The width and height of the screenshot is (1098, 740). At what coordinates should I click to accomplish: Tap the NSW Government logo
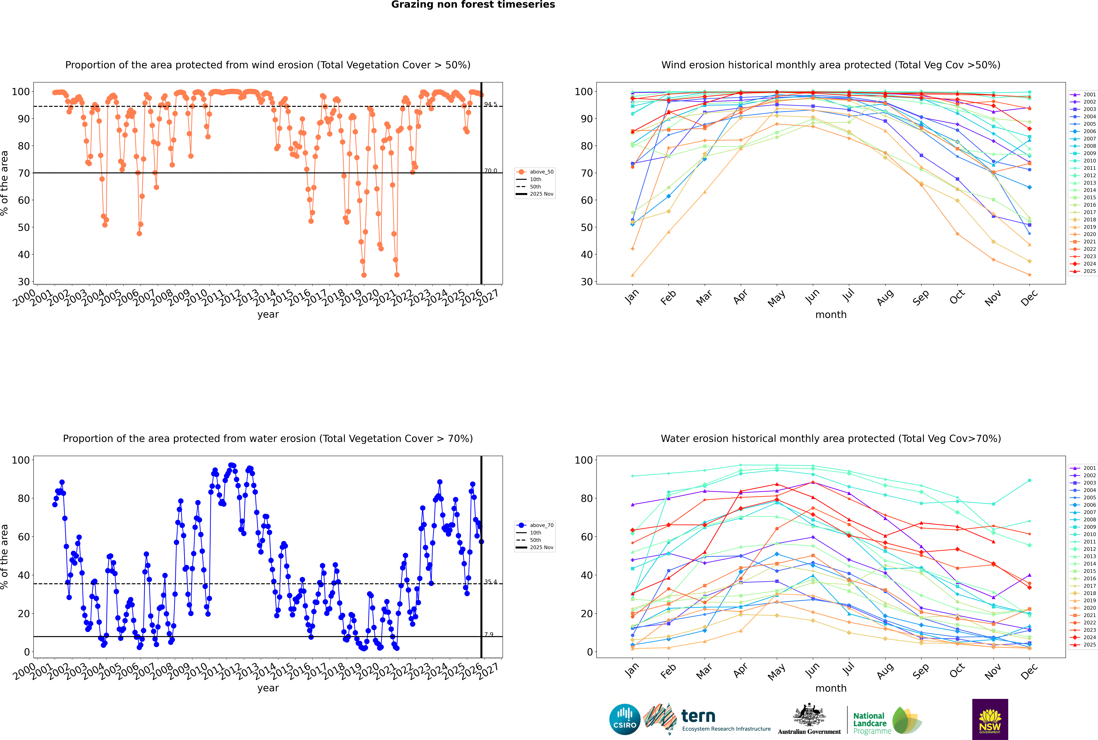[x=990, y=719]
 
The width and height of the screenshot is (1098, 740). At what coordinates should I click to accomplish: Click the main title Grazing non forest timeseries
[x=473, y=5]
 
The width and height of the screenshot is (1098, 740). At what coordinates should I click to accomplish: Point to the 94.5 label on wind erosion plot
[x=490, y=104]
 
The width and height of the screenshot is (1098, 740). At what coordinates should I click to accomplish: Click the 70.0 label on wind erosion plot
[x=490, y=171]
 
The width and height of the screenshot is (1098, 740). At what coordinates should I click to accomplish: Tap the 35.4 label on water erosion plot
[x=490, y=582]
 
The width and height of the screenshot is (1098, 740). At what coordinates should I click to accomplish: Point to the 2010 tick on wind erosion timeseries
[x=196, y=297]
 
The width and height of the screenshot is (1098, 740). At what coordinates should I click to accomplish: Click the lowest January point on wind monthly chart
[x=633, y=275]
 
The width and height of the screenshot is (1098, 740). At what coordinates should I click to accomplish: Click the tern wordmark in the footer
[x=698, y=716]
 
